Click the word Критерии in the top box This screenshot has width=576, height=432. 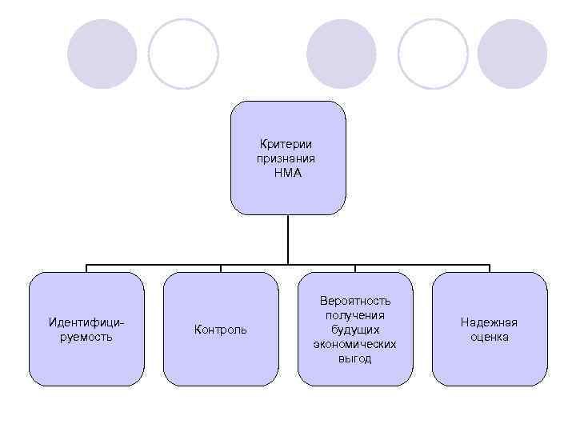tap(287, 144)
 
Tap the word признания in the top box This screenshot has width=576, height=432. tap(286, 158)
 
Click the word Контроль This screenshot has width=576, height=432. tap(221, 330)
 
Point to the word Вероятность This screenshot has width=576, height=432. tap(355, 301)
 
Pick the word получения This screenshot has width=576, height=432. tap(355, 315)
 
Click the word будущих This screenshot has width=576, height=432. tap(355, 330)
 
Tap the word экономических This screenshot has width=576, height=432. tap(355, 344)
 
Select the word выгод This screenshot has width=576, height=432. tap(355, 358)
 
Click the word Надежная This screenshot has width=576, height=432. tap(489, 322)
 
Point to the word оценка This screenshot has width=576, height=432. tap(489, 337)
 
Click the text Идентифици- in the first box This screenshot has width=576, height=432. tap(86, 322)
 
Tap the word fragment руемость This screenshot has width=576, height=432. tap(86, 337)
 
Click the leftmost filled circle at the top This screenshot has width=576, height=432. tap(102, 54)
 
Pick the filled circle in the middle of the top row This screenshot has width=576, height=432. tap(342, 54)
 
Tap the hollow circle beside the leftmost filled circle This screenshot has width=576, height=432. tap(183, 54)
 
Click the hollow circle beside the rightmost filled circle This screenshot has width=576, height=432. tap(432, 54)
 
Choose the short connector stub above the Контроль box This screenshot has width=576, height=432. tap(221, 268)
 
